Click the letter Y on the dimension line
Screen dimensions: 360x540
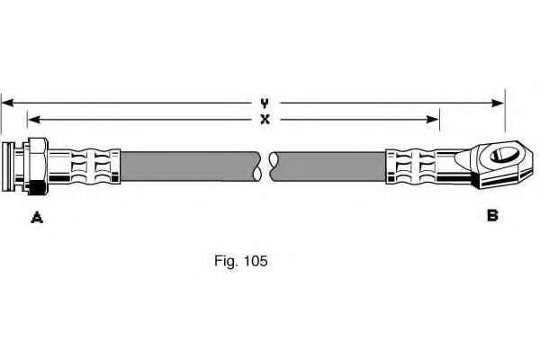pyautogui.click(x=265, y=103)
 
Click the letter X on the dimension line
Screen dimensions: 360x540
pyautogui.click(x=265, y=119)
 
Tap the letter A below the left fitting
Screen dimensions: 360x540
pyautogui.click(x=37, y=216)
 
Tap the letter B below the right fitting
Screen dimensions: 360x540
pyautogui.click(x=492, y=215)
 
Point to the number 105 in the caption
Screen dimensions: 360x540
pyautogui.click(x=255, y=262)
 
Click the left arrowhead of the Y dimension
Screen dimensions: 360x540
pyautogui.click(x=7, y=103)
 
